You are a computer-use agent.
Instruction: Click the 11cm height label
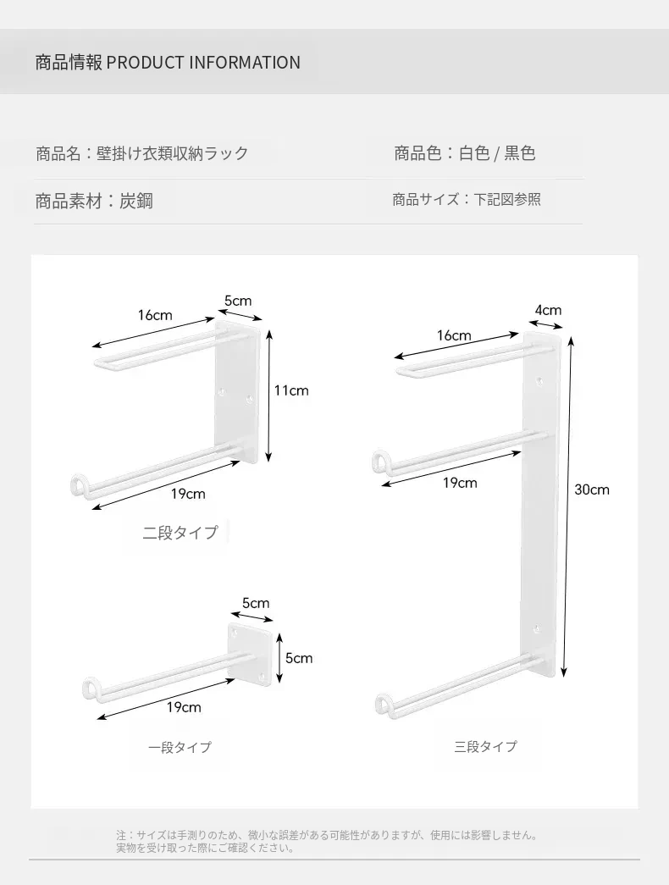pos(291,390)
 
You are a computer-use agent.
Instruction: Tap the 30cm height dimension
pos(592,490)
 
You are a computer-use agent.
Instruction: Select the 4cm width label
pos(548,310)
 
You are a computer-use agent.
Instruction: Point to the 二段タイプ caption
pos(180,532)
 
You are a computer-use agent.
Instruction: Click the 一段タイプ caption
pos(180,747)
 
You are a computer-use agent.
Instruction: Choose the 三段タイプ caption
pos(485,746)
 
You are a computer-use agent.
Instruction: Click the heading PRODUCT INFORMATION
pos(203,62)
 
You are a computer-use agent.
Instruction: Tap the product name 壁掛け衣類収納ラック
pos(173,153)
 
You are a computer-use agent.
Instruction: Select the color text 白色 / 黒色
pos(497,153)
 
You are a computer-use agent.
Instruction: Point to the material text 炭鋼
pos(136,201)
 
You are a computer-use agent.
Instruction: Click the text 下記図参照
pos(507,199)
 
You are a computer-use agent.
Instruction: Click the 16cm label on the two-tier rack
pos(155,315)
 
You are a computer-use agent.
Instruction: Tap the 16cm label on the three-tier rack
pos(454,335)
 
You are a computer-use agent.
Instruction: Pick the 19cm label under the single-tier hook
pos(184,706)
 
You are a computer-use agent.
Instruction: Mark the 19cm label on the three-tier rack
pos(460,483)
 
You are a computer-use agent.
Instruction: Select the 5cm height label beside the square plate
pos(299,658)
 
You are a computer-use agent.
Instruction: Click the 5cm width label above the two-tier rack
pos(238,301)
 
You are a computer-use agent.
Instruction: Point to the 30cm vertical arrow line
pos(567,506)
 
